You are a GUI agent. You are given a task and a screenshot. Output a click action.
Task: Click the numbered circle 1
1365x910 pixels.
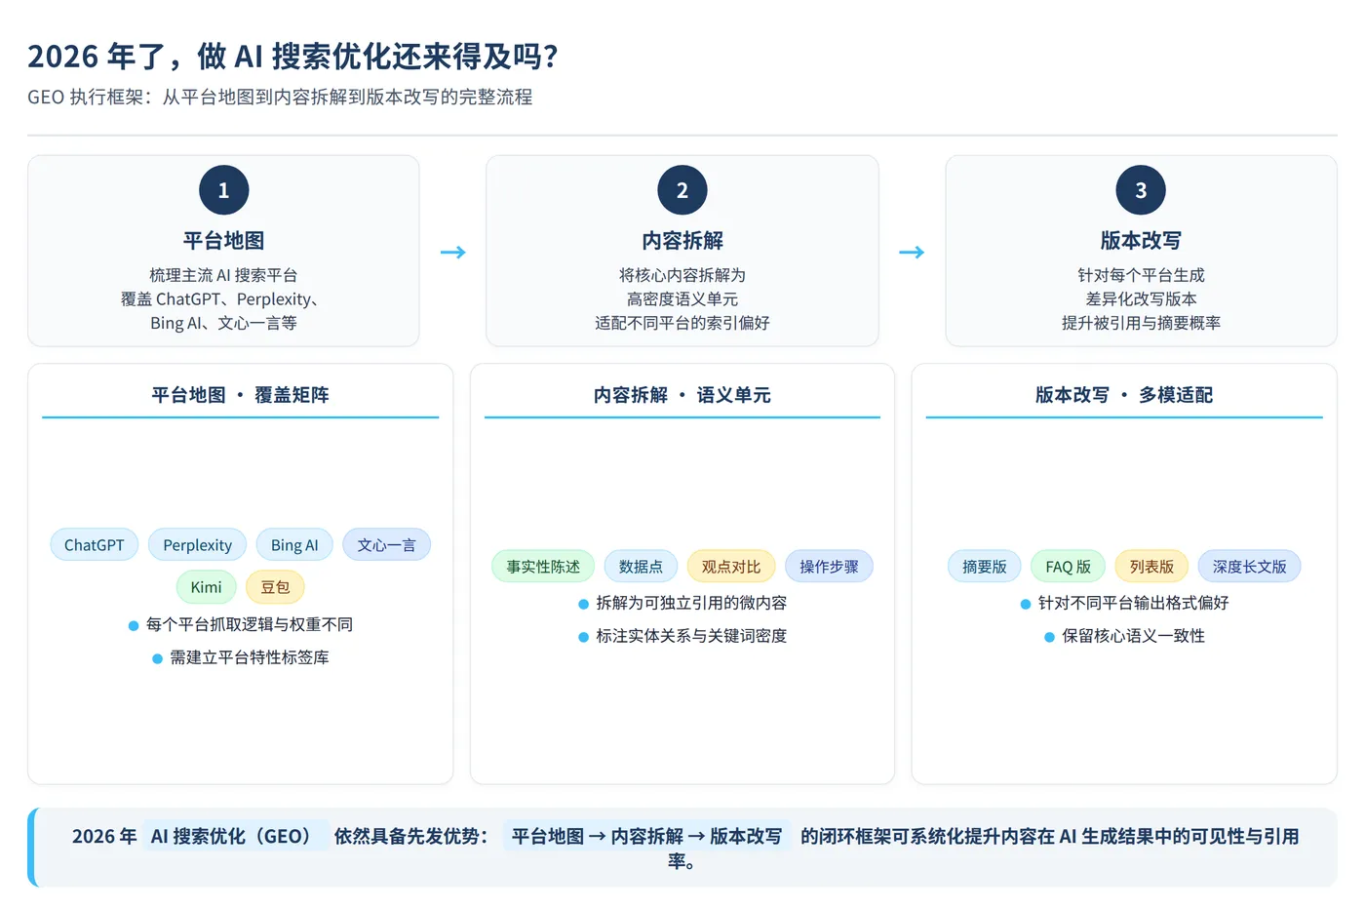coord(223,190)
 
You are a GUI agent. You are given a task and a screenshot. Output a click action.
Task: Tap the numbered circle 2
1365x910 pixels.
coord(682,190)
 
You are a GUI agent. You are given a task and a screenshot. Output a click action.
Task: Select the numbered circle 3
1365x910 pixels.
coord(1140,190)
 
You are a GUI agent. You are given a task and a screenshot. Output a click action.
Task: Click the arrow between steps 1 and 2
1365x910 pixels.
coord(452,252)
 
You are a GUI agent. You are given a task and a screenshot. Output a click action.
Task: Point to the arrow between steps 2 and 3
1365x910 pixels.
coord(912,252)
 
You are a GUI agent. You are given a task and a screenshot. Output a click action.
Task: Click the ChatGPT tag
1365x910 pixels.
coord(94,544)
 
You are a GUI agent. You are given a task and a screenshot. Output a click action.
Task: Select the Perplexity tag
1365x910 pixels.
coord(197,544)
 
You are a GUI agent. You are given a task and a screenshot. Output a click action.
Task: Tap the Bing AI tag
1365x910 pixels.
coord(294,544)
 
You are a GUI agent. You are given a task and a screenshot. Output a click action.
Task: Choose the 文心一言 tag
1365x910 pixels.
coord(386,544)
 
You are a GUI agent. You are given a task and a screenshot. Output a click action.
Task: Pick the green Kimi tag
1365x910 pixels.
coord(206,586)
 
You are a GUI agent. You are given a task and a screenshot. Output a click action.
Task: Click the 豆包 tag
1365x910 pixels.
coord(275,586)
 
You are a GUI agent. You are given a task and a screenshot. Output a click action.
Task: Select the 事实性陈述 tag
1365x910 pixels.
coord(543,567)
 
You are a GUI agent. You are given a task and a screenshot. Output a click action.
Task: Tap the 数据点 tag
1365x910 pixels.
coord(641,567)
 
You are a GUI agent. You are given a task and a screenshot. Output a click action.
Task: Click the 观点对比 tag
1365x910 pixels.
coord(731,567)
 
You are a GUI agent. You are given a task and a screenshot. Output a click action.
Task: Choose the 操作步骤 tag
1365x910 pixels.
coord(829,567)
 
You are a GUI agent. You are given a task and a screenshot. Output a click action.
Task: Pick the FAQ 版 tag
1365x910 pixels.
coord(1068,567)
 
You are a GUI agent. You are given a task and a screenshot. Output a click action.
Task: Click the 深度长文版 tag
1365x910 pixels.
coord(1249,567)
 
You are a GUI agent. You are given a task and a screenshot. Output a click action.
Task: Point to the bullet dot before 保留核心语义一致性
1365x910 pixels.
coord(1049,637)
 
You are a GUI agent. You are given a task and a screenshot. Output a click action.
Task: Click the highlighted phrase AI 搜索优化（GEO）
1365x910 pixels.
coord(235,836)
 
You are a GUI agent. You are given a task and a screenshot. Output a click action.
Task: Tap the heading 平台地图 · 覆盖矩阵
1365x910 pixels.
coord(240,395)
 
